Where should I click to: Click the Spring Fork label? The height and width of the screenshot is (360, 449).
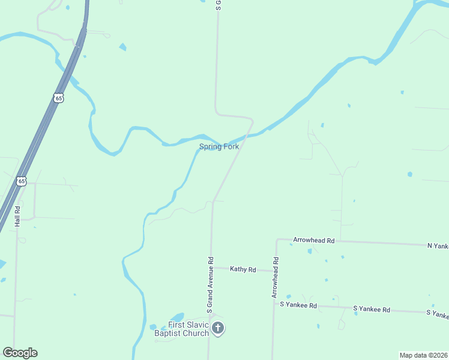tap(219, 146)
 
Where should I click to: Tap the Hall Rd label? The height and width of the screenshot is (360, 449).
tap(18, 216)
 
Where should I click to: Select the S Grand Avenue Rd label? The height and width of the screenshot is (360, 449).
tap(210, 285)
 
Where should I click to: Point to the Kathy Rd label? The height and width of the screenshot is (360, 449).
tap(243, 269)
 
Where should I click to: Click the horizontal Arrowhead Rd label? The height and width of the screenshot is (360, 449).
tap(313, 240)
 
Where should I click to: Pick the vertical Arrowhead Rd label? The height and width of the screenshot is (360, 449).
tap(275, 278)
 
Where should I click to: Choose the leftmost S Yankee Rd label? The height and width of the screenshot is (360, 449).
tap(298, 305)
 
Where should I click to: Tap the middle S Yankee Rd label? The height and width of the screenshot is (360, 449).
tap(372, 310)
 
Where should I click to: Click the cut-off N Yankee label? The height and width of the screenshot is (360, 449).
tap(438, 245)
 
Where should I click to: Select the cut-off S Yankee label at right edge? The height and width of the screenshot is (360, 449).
tap(437, 314)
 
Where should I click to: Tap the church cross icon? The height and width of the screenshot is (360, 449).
tap(218, 328)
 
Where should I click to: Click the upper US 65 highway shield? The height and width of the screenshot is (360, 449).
tap(58, 97)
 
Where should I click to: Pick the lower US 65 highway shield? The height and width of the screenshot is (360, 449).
tap(22, 181)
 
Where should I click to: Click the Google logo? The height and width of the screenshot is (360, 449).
tap(20, 353)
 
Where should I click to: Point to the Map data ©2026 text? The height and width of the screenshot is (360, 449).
tap(423, 355)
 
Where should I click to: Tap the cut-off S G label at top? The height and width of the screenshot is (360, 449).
tap(218, 5)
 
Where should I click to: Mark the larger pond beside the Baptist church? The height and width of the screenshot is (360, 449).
tap(176, 317)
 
